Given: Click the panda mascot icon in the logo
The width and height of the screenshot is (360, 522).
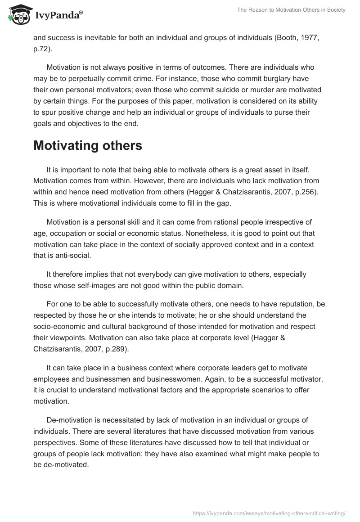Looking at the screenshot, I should click(x=18, y=15).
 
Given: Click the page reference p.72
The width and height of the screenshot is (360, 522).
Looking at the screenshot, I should click(x=42, y=49).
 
